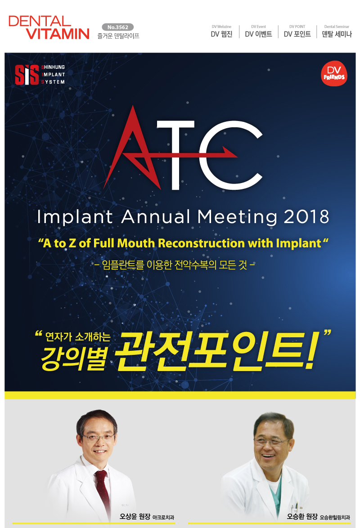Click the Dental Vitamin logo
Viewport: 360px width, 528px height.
[49, 27]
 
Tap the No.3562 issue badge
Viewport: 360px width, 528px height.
[117, 27]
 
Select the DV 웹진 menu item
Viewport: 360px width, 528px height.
[221, 31]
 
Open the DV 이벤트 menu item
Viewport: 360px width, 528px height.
[259, 31]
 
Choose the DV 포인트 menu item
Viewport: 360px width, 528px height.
[297, 31]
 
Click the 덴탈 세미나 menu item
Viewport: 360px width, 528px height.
[337, 31]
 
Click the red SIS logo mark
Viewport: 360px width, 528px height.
[27, 74]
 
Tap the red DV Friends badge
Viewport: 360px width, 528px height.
[334, 73]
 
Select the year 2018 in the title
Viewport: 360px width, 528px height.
[306, 216]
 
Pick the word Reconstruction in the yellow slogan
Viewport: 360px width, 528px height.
[201, 243]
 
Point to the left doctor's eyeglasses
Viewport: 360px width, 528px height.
[98, 438]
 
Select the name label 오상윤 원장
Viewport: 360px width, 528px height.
[135, 516]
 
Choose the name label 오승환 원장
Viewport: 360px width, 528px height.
[302, 516]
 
